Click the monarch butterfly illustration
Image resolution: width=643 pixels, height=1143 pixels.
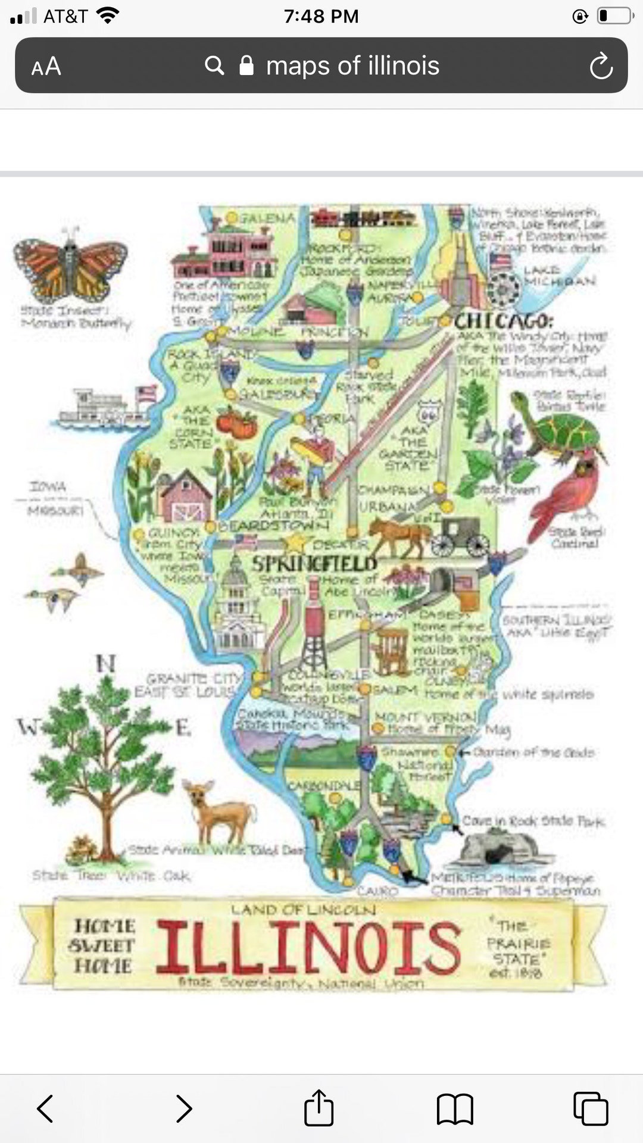tap(70, 266)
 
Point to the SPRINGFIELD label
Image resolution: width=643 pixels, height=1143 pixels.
tap(314, 564)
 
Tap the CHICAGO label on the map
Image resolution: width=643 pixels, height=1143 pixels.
tap(503, 321)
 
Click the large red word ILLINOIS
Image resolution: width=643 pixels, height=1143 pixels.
tap(308, 947)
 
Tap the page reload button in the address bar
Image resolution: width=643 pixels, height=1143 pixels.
tap(601, 65)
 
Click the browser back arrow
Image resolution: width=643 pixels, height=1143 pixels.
tap(46, 1108)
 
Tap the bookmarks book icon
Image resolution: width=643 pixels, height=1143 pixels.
tap(455, 1109)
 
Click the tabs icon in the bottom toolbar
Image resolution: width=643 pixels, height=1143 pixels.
tap(590, 1108)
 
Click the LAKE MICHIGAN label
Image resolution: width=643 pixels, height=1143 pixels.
tap(559, 276)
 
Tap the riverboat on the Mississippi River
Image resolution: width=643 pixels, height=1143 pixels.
tap(101, 409)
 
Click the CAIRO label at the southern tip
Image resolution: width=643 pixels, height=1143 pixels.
tap(377, 891)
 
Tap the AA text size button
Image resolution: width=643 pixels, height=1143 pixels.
tap(46, 66)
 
